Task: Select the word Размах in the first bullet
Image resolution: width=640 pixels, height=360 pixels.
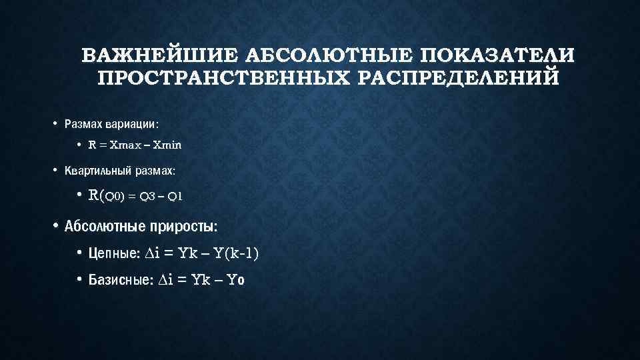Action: pyautogui.click(x=82, y=124)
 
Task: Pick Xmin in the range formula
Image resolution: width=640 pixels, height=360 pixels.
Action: pyautogui.click(x=167, y=144)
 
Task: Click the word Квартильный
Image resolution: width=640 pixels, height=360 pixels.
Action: pyautogui.click(x=96, y=171)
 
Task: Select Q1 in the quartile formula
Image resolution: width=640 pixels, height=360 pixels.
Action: pyautogui.click(x=176, y=197)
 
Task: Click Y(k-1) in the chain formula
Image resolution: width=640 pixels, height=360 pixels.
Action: pyautogui.click(x=237, y=253)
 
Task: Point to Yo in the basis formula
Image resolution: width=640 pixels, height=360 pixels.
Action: pyautogui.click(x=236, y=281)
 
